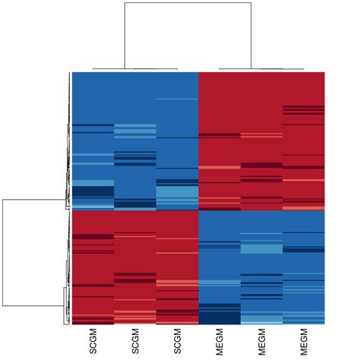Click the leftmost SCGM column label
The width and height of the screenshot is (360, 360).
click(93, 339)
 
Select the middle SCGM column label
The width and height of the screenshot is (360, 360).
click(135, 339)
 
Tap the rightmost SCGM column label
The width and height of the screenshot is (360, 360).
click(177, 339)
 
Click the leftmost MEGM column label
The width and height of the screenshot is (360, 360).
click(219, 339)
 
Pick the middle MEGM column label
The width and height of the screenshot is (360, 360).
click(261, 339)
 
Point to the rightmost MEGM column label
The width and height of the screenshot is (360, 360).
click(304, 339)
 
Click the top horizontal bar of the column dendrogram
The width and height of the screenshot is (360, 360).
click(187, 3)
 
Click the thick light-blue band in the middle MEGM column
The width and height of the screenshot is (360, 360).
click(261, 248)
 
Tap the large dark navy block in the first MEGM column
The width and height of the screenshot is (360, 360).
click(219, 313)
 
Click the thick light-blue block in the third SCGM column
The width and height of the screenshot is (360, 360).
click(177, 195)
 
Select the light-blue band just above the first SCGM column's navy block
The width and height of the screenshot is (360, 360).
click(93, 183)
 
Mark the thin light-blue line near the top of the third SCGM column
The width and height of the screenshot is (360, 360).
click(177, 99)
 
